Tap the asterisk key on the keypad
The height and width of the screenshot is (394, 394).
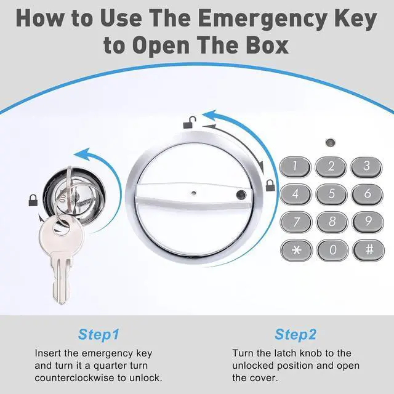pyautogui.click(x=296, y=251)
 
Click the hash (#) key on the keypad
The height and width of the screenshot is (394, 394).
pyautogui.click(x=369, y=250)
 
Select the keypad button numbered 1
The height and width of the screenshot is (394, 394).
pyautogui.click(x=295, y=167)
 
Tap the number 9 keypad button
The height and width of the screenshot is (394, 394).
pyautogui.click(x=368, y=222)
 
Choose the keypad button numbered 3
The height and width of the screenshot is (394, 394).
pyautogui.click(x=366, y=167)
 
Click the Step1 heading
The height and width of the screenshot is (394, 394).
pyautogui.click(x=98, y=334)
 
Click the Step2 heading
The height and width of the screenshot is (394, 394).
pyautogui.click(x=295, y=334)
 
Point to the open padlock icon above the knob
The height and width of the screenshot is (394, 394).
pyautogui.click(x=190, y=123)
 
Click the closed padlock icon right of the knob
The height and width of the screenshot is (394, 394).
pyautogui.click(x=270, y=185)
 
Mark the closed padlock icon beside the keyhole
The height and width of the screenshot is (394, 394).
pyautogui.click(x=33, y=200)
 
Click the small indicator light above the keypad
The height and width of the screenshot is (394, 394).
pyautogui.click(x=330, y=143)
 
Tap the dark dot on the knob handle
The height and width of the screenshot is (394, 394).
pyautogui.click(x=241, y=195)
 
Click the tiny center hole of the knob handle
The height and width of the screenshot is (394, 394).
pyautogui.click(x=193, y=193)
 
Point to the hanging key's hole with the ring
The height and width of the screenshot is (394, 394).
pyautogui.click(x=61, y=227)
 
